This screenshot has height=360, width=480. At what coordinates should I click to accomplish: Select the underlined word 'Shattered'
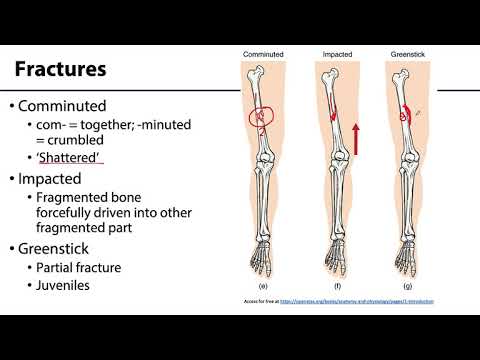pos(74,159)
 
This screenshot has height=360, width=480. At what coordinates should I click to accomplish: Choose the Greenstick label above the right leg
pos(407,53)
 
